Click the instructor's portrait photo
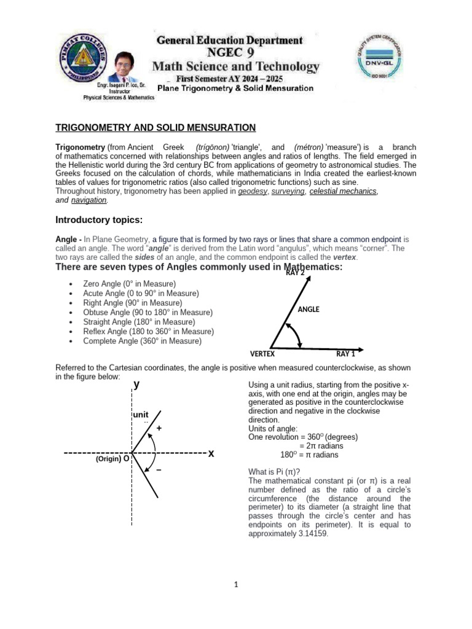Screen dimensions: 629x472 tap(131, 69)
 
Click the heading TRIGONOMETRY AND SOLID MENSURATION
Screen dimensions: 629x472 tap(155, 128)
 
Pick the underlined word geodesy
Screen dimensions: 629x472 tap(253, 192)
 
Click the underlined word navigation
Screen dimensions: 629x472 tap(89, 200)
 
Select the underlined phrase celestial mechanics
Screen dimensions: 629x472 tap(343, 192)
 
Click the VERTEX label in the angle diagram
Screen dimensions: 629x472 tap(262, 354)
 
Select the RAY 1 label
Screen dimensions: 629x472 tap(345, 354)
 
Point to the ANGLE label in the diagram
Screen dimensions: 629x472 tap(309, 310)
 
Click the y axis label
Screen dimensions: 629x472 tap(136, 385)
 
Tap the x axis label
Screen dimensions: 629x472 tap(211, 453)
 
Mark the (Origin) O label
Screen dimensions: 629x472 tap(112, 459)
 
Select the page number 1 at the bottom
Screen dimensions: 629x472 tap(236, 585)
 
